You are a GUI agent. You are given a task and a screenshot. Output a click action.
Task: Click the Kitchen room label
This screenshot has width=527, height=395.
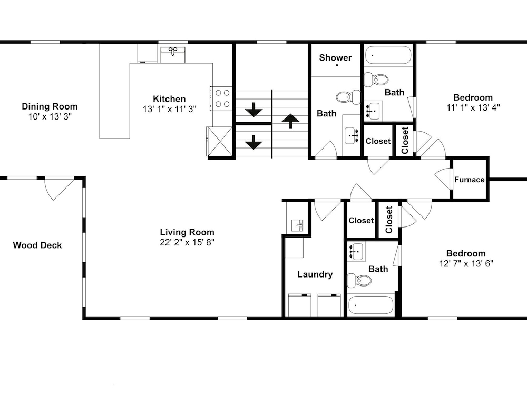point(169,99)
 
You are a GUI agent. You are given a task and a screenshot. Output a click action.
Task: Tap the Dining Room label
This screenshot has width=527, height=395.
point(50,106)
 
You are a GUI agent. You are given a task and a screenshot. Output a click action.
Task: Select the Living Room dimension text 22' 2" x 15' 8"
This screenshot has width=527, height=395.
point(187,242)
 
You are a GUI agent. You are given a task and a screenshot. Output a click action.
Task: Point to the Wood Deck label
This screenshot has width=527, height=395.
point(37,245)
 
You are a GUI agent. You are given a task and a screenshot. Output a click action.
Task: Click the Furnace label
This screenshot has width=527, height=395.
point(470,180)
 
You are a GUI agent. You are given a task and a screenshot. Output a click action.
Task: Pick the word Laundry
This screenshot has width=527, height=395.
point(315,275)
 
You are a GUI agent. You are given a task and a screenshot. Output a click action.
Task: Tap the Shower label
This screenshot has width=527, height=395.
point(335,58)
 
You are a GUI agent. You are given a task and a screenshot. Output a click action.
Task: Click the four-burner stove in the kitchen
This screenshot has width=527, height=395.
point(221,98)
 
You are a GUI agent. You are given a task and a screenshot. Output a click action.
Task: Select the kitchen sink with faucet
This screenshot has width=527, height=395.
point(173,55)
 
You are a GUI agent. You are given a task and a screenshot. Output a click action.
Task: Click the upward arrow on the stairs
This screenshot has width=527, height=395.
point(290,121)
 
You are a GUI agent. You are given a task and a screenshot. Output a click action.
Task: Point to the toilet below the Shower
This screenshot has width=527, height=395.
point(348,97)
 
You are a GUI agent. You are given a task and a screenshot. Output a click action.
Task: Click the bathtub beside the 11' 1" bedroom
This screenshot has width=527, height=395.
point(388,55)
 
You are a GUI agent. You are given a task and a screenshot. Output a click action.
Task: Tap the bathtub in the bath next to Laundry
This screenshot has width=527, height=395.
point(370,305)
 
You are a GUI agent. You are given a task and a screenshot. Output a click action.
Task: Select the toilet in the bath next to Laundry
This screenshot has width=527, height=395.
point(359,280)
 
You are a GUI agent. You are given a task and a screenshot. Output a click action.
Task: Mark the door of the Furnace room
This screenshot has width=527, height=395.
point(443,179)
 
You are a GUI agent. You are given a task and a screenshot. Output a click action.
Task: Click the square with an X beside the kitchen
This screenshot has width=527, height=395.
point(220,141)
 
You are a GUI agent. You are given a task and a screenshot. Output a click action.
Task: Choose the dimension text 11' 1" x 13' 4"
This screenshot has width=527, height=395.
point(473,108)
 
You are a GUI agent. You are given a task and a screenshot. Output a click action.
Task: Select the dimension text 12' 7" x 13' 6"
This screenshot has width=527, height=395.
point(466,264)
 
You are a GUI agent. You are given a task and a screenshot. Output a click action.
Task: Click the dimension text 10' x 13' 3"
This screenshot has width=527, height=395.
point(50,116)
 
